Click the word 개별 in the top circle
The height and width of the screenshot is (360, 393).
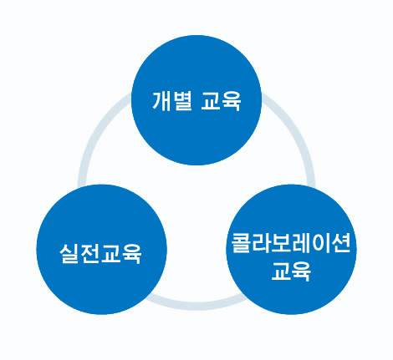[172, 101]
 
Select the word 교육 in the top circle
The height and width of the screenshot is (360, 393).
[221, 101]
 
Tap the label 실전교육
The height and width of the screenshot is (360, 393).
[100, 253]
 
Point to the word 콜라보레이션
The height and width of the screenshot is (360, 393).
[291, 243]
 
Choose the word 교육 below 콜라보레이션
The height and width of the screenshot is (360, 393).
[291, 271]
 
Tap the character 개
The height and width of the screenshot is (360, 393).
[162, 101]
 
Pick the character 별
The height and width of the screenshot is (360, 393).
[182, 101]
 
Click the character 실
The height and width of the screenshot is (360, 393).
[69, 253]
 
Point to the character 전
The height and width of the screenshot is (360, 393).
[89, 253]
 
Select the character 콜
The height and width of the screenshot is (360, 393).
[241, 243]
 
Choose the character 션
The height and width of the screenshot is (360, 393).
[341, 243]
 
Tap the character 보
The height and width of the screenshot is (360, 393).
[281, 243]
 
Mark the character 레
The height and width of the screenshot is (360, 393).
[301, 243]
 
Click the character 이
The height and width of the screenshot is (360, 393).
[320, 243]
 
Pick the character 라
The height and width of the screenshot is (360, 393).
[261, 243]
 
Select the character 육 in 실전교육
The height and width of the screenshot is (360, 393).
[131, 253]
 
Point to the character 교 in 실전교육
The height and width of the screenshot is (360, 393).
[110, 253]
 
